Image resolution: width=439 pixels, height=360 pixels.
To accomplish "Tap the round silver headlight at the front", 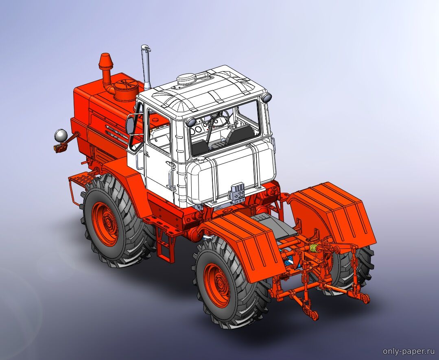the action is tap(61, 136).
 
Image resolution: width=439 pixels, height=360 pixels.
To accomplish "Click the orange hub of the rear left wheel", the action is tap(217, 285).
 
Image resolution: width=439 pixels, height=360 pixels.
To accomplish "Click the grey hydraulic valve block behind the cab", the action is tap(237, 193).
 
